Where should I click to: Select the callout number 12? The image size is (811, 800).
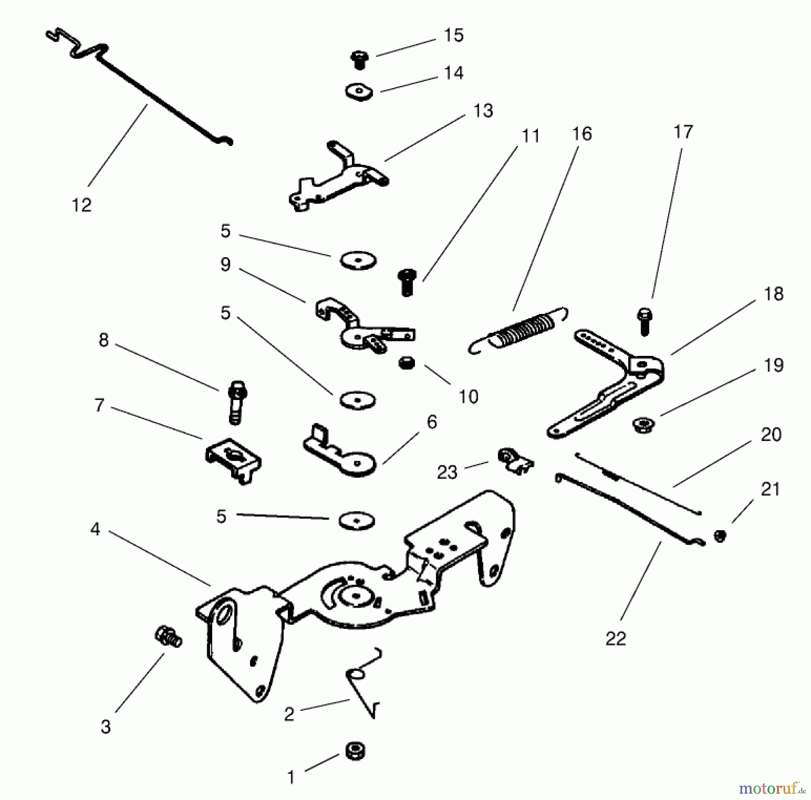pyautogui.click(x=82, y=205)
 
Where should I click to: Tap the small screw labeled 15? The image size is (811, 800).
pyautogui.click(x=360, y=59)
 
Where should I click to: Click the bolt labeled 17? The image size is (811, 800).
pyautogui.click(x=644, y=320)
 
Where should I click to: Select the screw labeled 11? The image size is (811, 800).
pyautogui.click(x=407, y=282)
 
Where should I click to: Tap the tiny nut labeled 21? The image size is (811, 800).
pyautogui.click(x=720, y=536)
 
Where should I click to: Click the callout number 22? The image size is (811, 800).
pyautogui.click(x=615, y=638)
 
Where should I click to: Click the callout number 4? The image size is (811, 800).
pyautogui.click(x=95, y=529)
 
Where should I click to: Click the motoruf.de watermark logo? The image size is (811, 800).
pyautogui.click(x=771, y=788)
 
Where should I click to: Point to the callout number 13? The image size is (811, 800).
pyautogui.click(x=483, y=110)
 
